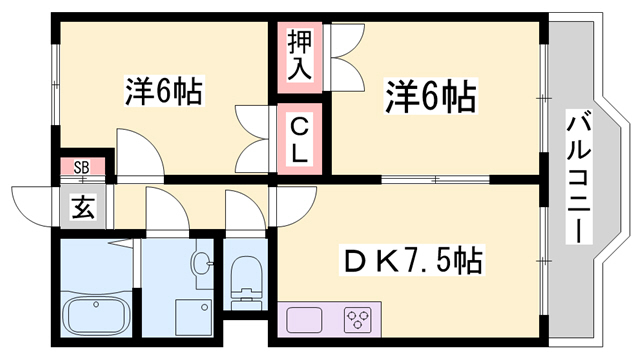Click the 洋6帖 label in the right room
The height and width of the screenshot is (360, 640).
(430, 98)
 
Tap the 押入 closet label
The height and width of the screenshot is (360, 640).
(301, 55)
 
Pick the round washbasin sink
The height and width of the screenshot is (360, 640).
(202, 266)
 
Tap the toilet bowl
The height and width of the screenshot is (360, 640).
(244, 278)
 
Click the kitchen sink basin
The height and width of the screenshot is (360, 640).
(303, 321)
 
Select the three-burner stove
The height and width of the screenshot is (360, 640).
(356, 321)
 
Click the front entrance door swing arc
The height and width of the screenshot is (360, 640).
(34, 205)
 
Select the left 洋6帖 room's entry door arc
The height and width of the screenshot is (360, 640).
(136, 152)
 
